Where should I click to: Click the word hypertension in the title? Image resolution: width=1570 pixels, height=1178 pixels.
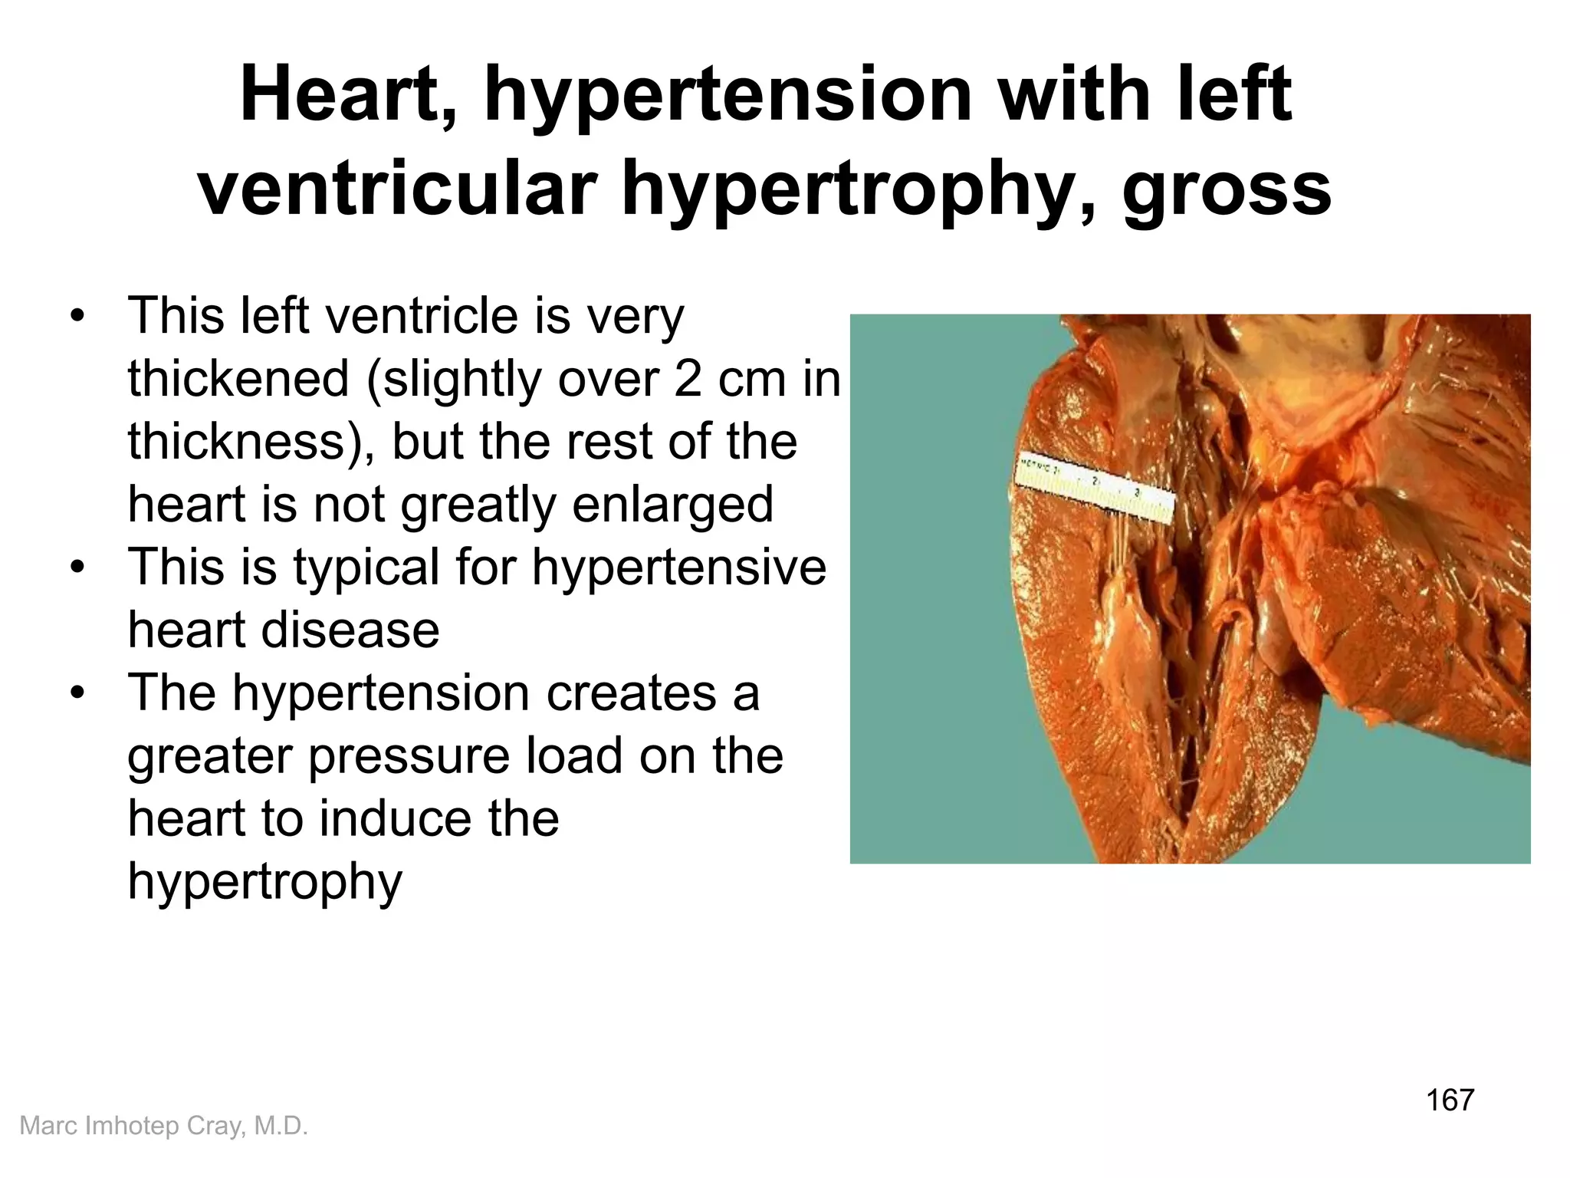click(728, 96)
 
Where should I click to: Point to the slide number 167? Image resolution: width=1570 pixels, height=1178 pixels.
click(1450, 1100)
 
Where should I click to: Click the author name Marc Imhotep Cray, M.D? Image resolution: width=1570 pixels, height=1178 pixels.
click(163, 1126)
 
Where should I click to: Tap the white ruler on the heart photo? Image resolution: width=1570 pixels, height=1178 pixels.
click(1095, 492)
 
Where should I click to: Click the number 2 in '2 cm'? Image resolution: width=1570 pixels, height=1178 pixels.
click(688, 379)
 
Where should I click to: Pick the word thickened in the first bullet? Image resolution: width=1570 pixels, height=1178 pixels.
click(238, 379)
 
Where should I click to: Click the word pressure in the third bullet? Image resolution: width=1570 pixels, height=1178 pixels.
click(409, 756)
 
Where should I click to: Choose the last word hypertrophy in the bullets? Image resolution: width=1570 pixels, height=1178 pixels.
click(264, 882)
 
